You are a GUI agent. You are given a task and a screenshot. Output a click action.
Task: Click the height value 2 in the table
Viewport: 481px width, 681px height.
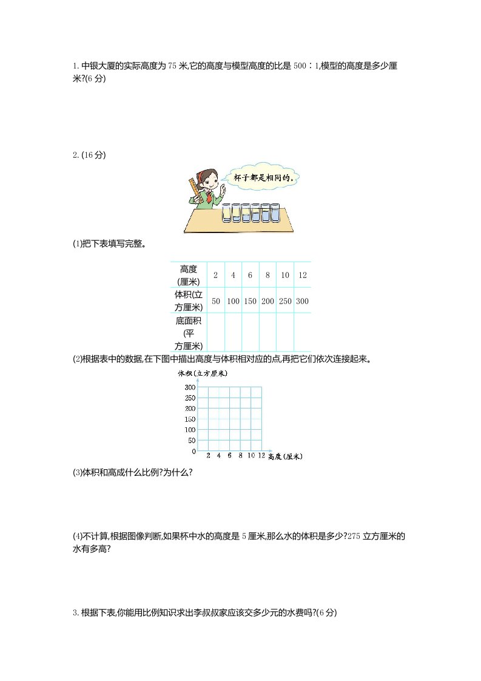click(215, 275)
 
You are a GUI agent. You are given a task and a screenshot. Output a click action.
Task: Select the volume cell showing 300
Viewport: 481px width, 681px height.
click(302, 301)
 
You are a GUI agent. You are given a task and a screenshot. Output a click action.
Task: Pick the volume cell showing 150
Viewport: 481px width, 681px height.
click(250, 301)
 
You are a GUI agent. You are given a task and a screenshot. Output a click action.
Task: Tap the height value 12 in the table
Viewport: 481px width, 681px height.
click(302, 275)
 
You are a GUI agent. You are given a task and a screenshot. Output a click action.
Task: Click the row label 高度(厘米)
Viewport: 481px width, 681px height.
click(189, 275)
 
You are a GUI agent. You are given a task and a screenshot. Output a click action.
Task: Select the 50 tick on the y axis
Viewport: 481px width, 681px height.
click(192, 441)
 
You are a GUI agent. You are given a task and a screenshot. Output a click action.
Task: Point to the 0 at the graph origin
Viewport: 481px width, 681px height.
click(193, 452)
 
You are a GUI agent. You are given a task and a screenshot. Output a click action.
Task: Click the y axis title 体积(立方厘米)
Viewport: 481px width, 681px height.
click(203, 373)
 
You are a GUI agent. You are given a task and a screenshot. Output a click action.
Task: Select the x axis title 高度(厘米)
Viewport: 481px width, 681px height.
click(284, 456)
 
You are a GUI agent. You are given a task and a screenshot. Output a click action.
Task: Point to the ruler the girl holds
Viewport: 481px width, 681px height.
click(194, 188)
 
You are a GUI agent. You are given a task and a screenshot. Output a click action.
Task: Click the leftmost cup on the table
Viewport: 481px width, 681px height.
click(226, 212)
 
